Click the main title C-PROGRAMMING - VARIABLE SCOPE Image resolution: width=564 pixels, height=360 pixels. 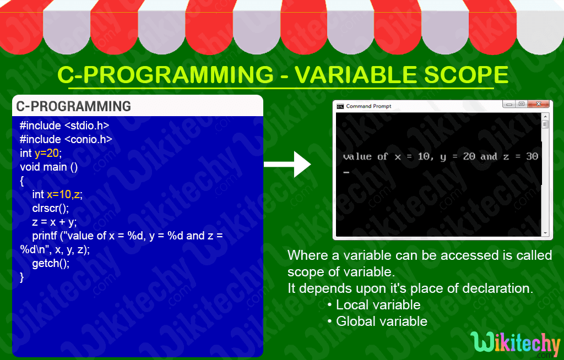coord(283,75)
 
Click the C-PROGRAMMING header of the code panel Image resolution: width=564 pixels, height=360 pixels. coord(73,106)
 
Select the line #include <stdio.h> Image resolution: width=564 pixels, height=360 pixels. coord(64,126)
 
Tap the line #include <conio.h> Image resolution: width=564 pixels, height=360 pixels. coord(66,139)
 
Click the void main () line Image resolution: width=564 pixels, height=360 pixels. coord(48,167)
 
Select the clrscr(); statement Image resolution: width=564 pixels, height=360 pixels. coord(51,208)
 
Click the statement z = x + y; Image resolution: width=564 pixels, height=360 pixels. coord(55,222)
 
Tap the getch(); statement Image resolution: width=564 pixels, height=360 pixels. coord(51,263)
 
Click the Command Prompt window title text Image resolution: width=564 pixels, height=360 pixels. coord(368,106)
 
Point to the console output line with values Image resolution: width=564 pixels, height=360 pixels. coord(440,157)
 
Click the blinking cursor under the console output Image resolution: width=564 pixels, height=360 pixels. coord(346,172)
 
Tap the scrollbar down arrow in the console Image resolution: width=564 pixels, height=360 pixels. coord(545,232)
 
